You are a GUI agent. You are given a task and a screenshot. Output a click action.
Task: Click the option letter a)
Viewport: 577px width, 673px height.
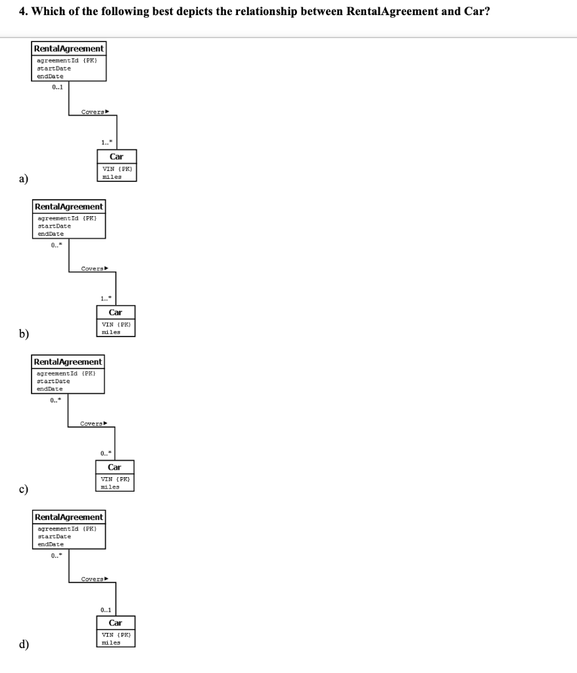click(x=23, y=177)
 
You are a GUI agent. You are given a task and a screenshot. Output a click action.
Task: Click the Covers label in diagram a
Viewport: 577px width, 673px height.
click(x=93, y=112)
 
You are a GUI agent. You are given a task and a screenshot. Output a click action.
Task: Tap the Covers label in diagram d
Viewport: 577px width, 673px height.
click(x=93, y=579)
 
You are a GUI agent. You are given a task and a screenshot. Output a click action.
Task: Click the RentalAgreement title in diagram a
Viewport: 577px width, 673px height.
click(x=68, y=49)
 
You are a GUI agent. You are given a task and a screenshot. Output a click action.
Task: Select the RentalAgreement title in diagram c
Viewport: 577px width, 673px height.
click(x=68, y=362)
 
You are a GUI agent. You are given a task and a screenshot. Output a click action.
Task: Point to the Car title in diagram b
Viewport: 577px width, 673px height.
click(x=116, y=312)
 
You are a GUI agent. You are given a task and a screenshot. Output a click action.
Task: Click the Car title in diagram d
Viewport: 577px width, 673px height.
click(x=115, y=622)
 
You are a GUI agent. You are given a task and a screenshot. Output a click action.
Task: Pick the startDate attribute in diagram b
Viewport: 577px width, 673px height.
click(x=55, y=225)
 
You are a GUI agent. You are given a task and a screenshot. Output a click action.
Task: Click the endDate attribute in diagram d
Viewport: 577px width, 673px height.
click(x=51, y=544)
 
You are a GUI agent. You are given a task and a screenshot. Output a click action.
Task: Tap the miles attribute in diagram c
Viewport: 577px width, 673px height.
click(x=110, y=487)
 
